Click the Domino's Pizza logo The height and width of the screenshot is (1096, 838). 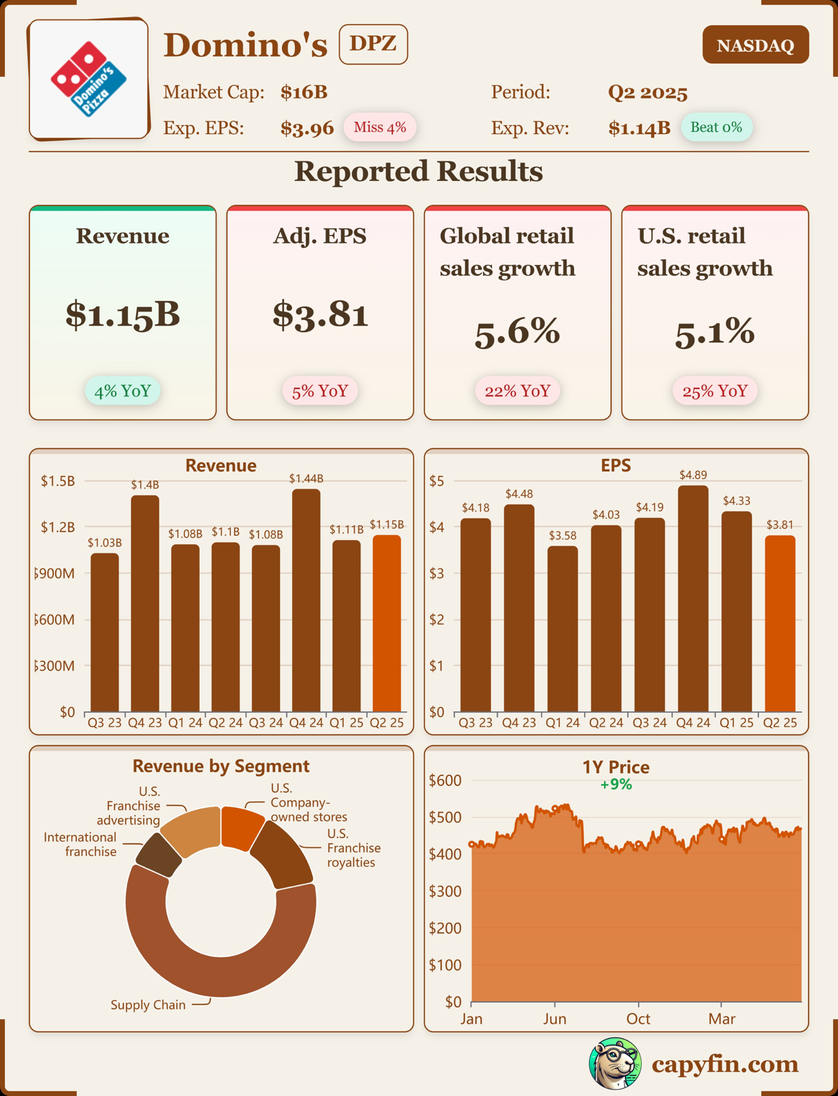coord(89,78)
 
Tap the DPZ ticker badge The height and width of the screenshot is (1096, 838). coord(373,44)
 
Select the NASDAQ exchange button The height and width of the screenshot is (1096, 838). coord(755,45)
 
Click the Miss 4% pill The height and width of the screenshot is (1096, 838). coord(379,127)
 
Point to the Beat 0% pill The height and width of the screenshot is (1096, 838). coord(716,127)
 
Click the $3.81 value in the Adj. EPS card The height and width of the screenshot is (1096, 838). coord(320,314)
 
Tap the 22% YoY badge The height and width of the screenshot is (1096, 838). coord(517,390)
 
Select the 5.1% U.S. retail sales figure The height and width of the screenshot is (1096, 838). coord(714,331)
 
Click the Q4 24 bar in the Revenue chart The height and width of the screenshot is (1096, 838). coord(306,601)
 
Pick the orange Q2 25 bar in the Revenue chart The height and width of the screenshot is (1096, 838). coord(387,623)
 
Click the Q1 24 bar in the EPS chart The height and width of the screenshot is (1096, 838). coord(562,629)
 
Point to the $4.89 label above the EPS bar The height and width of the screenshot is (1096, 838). coord(693,475)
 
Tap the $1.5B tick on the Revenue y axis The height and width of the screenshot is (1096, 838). coord(57,481)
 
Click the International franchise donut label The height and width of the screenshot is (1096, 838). coord(80,844)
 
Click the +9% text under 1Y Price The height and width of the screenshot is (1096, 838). coord(616,784)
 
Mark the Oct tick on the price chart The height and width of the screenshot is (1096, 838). coord(638,1018)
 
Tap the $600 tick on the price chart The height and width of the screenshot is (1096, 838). coord(445,780)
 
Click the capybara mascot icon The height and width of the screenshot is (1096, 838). coord(615,1063)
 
